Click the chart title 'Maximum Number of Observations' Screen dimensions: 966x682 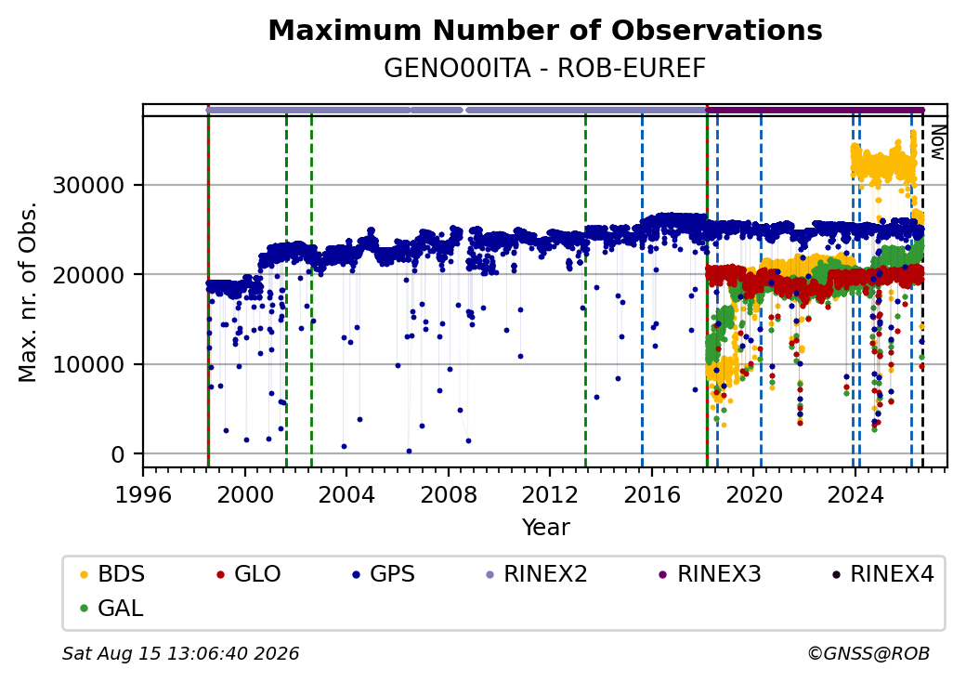click(x=545, y=30)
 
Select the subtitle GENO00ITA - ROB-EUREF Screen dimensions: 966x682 click(x=544, y=69)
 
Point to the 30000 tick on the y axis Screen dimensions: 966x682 click(x=89, y=185)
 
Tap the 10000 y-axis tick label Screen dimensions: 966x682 click(x=89, y=365)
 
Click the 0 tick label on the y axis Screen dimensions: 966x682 click(x=118, y=454)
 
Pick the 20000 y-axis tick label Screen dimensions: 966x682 click(x=89, y=275)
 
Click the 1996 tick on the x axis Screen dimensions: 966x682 click(x=143, y=494)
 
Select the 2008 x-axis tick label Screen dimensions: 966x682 click(x=448, y=494)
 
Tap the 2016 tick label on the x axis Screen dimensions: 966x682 click(x=652, y=494)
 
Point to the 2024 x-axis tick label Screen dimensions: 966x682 click(x=855, y=494)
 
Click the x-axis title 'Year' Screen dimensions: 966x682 click(x=546, y=528)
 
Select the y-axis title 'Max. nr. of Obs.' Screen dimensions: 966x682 click(x=28, y=292)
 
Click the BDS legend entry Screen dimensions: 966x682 click(x=112, y=574)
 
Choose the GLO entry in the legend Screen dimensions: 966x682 click(x=248, y=574)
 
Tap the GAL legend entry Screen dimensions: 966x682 click(x=111, y=608)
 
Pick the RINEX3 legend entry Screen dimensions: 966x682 click(x=710, y=574)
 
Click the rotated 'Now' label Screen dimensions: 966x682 click(x=937, y=142)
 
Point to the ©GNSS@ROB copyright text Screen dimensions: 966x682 click(x=868, y=653)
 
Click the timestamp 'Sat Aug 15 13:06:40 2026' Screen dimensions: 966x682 click(x=180, y=653)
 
